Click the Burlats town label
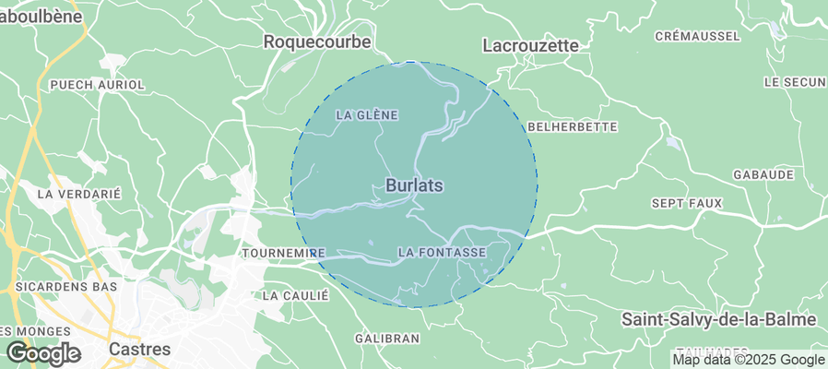point(414,185)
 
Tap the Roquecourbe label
point(317,42)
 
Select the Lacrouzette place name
point(531,45)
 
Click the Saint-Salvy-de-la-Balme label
point(718,319)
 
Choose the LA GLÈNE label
point(366,115)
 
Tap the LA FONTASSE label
point(442,252)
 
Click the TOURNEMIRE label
point(282,252)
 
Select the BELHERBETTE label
point(571,125)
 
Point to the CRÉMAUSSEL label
point(697,36)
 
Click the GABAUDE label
point(763,174)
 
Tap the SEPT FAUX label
point(687,202)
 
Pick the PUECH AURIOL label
point(98,85)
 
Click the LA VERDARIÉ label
point(79,195)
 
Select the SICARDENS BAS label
point(66,287)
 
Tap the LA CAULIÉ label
point(296,296)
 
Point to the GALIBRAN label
point(387,339)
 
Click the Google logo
point(43,352)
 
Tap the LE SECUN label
point(795,82)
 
